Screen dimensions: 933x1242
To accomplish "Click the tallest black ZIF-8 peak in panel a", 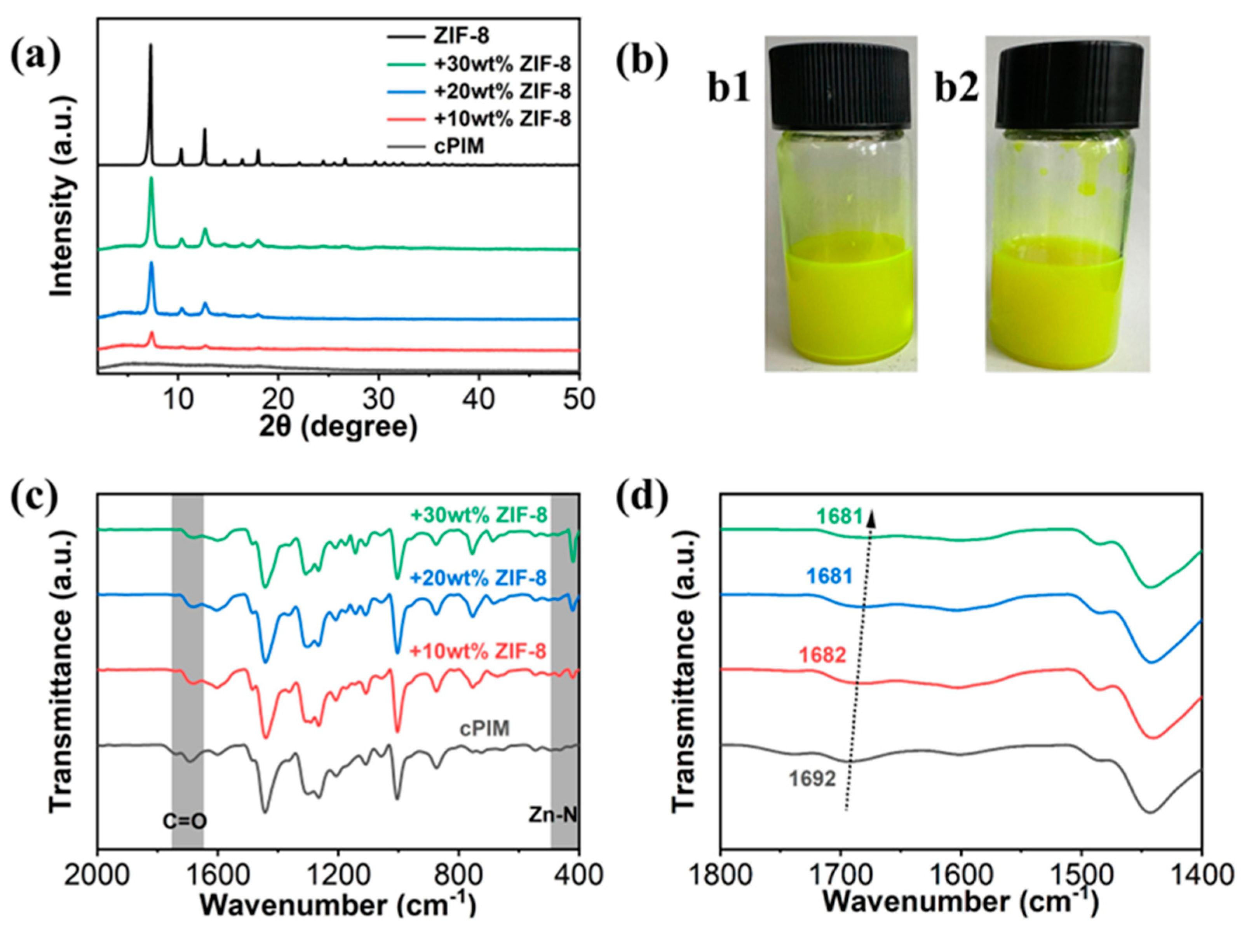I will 150,46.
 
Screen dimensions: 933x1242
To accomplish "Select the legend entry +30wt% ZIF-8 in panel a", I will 502,64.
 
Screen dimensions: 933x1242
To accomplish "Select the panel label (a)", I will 35,53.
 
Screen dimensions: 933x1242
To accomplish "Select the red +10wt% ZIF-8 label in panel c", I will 478,652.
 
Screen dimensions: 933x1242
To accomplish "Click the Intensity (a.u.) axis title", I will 62,197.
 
